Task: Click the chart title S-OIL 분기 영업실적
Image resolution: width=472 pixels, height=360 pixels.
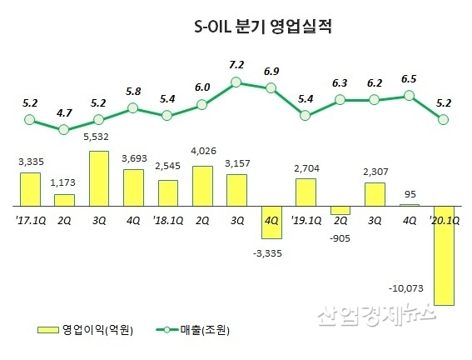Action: coord(259,27)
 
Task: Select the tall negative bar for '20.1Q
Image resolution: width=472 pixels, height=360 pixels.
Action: coord(443,254)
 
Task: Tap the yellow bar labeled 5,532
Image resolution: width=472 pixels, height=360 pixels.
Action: coord(98,177)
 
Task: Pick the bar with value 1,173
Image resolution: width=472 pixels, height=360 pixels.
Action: coord(64,199)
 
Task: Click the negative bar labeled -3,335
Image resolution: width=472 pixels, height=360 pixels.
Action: coord(271,221)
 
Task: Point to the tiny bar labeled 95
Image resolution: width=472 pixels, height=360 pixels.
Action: coord(409,204)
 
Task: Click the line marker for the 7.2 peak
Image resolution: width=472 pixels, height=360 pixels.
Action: coord(236,82)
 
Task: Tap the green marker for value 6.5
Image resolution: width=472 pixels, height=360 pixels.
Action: coord(409,96)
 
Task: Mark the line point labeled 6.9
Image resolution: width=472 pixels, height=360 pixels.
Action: coord(271,88)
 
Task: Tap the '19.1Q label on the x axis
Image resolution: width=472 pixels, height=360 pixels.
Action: coord(306,220)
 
